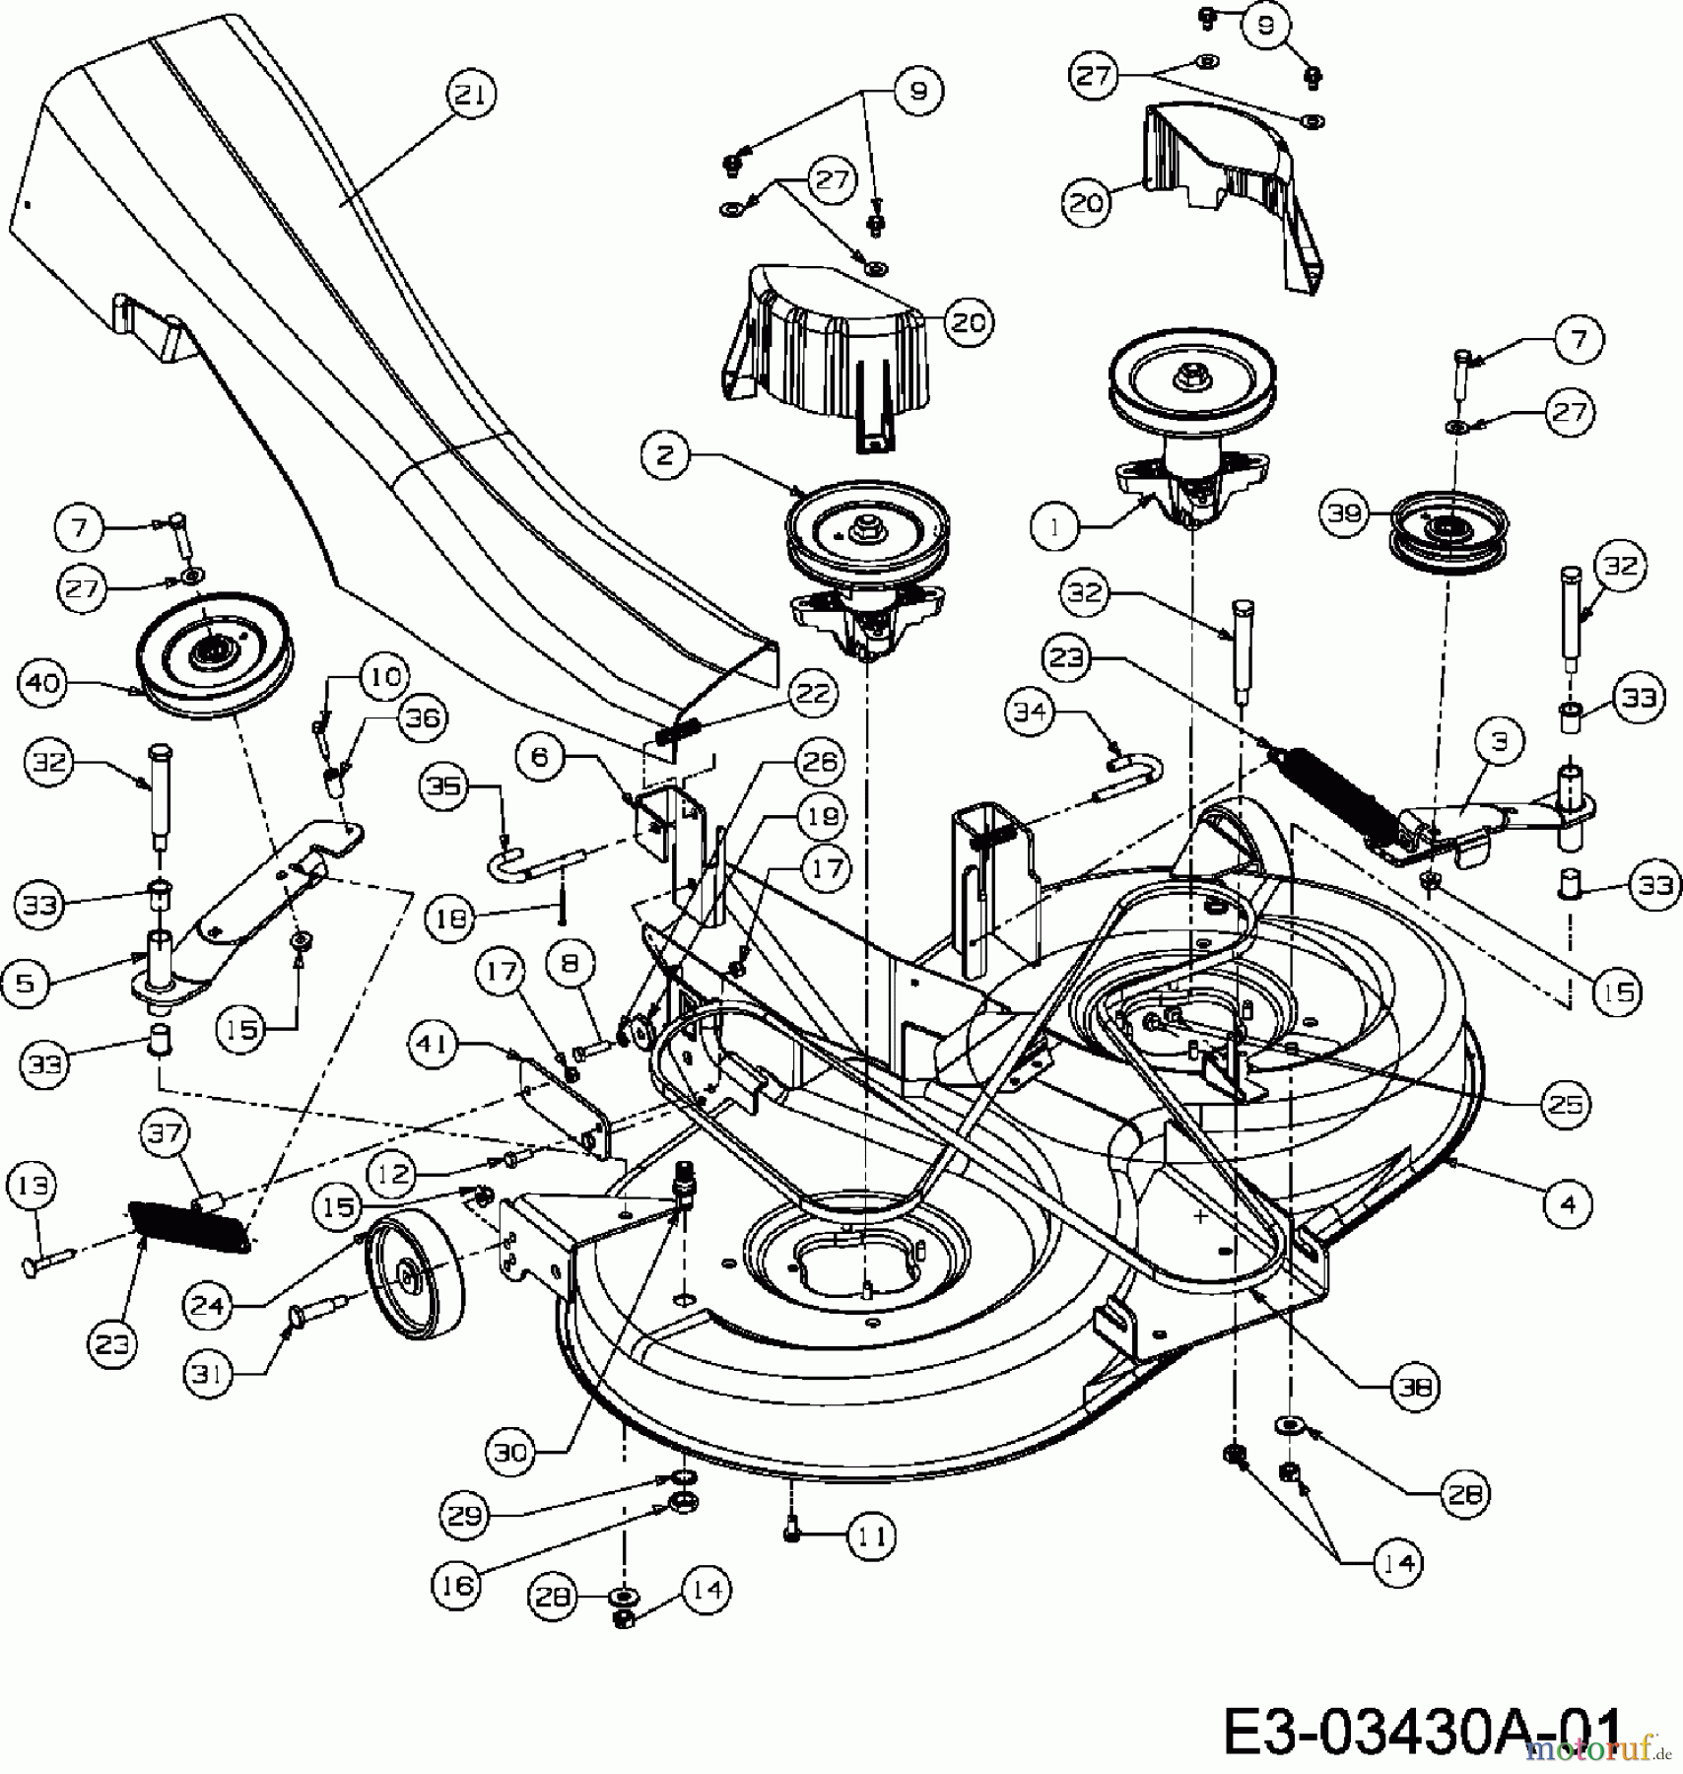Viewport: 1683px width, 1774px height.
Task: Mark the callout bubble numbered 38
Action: click(x=1415, y=1387)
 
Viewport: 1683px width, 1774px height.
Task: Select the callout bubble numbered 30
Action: click(x=511, y=1452)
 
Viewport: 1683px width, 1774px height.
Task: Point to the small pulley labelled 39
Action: click(x=1447, y=532)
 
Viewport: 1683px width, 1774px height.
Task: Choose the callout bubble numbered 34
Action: click(x=1032, y=712)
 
